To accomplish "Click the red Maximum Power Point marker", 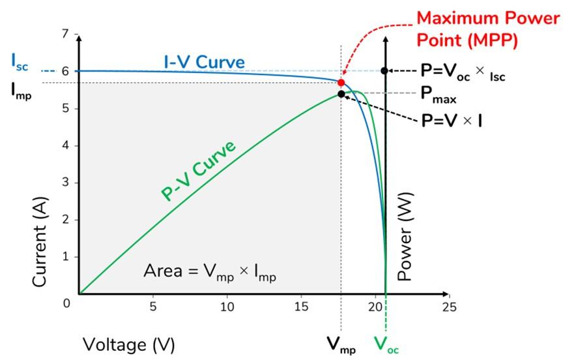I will pyautogui.click(x=341, y=83).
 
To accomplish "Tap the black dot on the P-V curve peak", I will pyautogui.click(x=341, y=94).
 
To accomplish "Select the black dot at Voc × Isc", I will pyautogui.click(x=385, y=70).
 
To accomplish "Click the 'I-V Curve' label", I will pyautogui.click(x=204, y=63).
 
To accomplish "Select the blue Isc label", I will pyautogui.click(x=20, y=62).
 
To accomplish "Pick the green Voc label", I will pyautogui.click(x=386, y=344).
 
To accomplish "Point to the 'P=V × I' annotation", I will pyautogui.click(x=452, y=120).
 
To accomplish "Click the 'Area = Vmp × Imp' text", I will pyautogui.click(x=210, y=272).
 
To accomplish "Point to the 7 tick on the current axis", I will pyautogui.click(x=64, y=33).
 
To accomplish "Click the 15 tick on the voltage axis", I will pyautogui.click(x=301, y=306).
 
